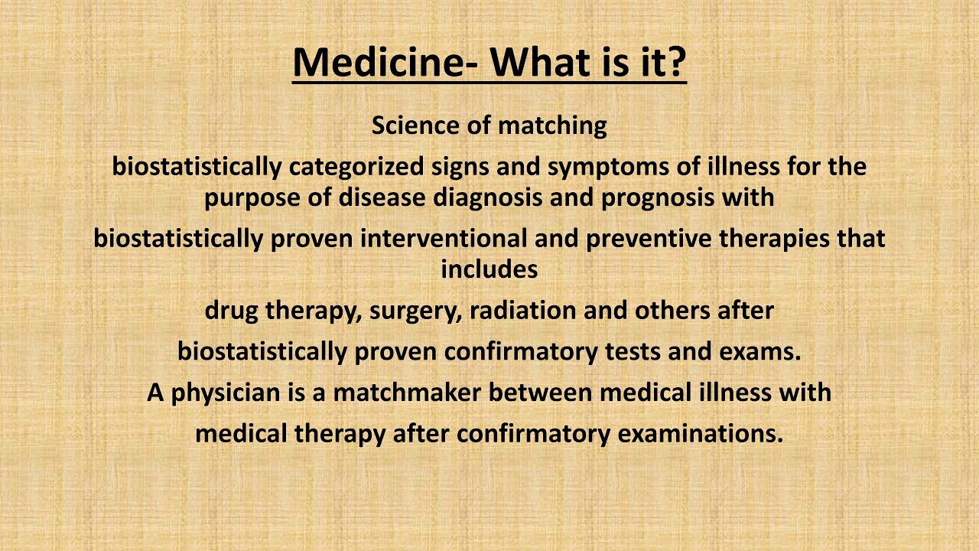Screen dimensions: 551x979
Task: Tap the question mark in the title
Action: [x=674, y=62]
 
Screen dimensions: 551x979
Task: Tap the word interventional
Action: [x=444, y=238]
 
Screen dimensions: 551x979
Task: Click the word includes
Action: [x=489, y=269]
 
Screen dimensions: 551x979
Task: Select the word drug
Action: [x=232, y=311]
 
